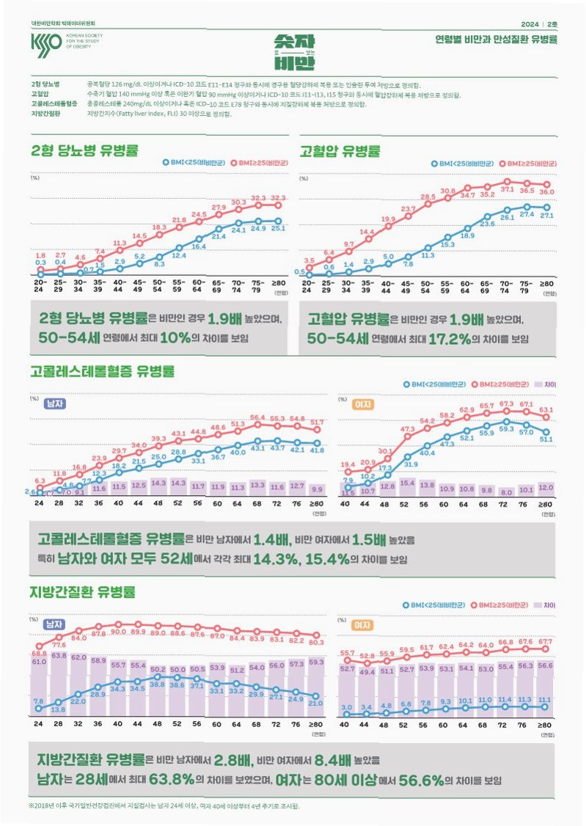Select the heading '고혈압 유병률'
340,152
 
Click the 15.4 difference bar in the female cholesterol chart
407,485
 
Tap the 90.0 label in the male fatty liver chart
119,632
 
